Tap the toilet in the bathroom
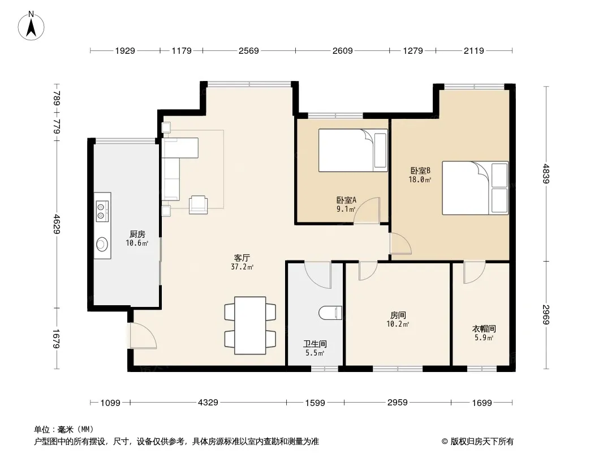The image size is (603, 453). point(330,313)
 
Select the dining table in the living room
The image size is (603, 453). point(250,325)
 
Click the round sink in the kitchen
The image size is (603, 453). point(102,244)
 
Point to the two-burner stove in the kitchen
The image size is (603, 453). point(102,211)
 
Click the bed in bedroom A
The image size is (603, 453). point(352,150)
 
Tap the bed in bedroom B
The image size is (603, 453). point(475,188)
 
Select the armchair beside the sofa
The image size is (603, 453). point(198,204)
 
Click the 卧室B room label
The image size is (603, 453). point(420,170)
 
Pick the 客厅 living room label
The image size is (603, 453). point(242,258)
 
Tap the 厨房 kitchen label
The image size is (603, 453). point(137,234)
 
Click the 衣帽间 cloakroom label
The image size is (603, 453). point(484,328)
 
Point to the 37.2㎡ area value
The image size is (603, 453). point(242,267)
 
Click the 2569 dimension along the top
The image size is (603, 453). point(249,50)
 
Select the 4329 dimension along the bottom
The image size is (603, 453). point(208,403)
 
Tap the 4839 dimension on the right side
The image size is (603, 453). point(546,174)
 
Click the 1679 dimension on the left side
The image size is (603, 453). point(57,339)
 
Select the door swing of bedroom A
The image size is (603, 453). point(367,210)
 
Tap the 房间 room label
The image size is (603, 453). point(398,315)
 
